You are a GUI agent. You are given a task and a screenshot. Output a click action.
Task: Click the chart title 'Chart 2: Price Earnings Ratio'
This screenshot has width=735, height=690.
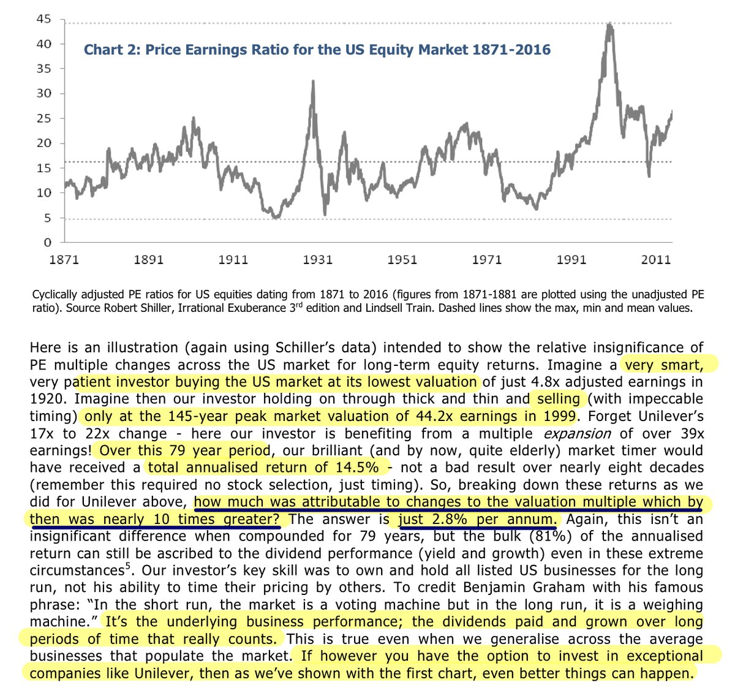[317, 50]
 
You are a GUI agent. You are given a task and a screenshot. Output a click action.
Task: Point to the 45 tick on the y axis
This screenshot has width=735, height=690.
[43, 19]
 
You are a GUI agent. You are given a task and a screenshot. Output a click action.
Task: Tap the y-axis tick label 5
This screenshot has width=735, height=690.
[47, 218]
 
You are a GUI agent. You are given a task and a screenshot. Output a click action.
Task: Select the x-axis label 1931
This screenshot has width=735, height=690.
[317, 260]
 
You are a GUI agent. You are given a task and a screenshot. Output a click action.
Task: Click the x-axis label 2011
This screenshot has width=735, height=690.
[655, 260]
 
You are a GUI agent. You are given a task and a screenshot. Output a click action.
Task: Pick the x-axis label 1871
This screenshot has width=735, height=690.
[64, 260]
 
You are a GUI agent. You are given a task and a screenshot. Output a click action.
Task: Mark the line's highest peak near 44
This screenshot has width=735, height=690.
[609, 25]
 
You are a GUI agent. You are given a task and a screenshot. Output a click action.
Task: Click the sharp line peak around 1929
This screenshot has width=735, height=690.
[313, 82]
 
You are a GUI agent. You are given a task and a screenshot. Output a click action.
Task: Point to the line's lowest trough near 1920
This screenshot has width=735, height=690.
[276, 217]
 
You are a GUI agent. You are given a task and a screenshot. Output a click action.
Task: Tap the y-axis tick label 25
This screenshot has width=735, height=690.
[43, 118]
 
